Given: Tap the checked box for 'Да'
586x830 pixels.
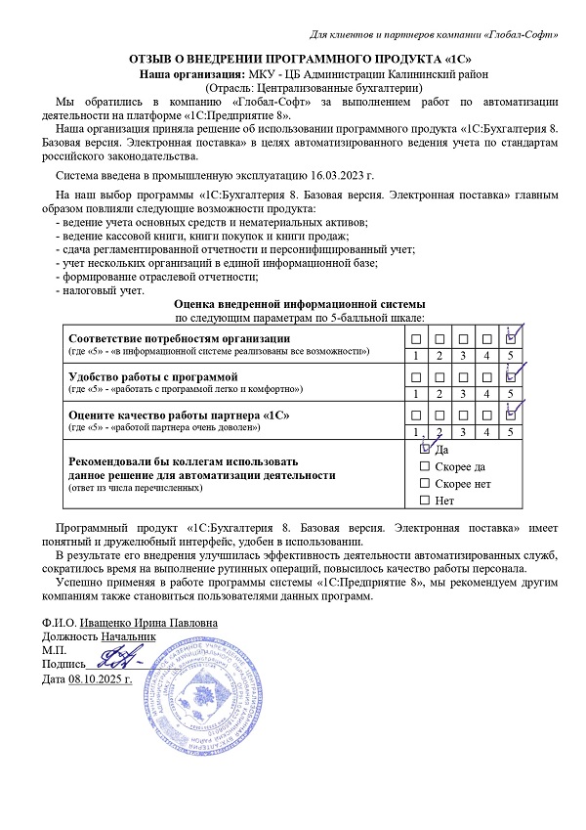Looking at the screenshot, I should (424, 449).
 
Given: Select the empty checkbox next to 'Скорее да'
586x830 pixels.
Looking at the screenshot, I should (424, 466).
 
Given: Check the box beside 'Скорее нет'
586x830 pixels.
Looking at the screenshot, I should (424, 484).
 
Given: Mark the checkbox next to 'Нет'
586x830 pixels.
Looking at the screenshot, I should (424, 501).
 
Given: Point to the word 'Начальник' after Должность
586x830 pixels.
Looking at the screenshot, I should (127, 636).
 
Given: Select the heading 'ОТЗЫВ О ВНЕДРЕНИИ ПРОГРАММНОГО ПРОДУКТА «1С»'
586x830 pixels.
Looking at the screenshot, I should (292, 59).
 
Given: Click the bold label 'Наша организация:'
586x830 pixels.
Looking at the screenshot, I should (190, 73).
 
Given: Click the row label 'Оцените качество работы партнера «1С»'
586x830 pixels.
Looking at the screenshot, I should (177, 415).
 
